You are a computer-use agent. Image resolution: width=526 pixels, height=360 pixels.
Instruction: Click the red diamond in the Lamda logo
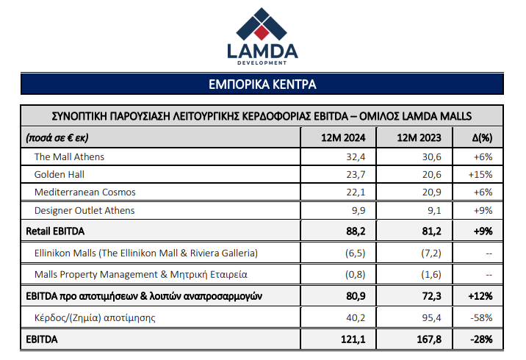click(x=262, y=32)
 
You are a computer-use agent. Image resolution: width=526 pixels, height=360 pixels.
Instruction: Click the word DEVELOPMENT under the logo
click(x=262, y=62)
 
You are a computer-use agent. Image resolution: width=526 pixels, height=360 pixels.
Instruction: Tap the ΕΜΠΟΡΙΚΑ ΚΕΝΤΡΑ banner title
click(x=262, y=84)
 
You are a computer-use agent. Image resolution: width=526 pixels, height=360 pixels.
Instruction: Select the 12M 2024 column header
click(x=343, y=137)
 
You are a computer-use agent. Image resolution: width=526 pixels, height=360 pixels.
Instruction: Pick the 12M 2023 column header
click(x=419, y=137)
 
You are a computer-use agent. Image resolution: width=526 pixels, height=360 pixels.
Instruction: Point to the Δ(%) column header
click(x=482, y=137)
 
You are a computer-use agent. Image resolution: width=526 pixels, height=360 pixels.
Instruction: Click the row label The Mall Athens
click(x=69, y=156)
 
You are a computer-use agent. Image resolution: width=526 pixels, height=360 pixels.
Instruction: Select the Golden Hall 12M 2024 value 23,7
click(x=356, y=174)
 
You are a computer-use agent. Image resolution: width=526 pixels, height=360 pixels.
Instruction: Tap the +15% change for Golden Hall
click(x=480, y=174)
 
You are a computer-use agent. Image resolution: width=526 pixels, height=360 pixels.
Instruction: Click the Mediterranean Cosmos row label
click(x=85, y=192)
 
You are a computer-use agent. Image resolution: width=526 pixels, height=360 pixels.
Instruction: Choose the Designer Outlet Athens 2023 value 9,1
click(x=434, y=210)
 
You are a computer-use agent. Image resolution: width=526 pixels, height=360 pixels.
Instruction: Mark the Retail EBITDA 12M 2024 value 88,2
click(x=356, y=231)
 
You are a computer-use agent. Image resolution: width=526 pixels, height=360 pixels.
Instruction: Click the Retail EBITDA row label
click(x=55, y=231)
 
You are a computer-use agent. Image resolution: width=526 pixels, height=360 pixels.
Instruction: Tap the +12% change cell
click(x=480, y=296)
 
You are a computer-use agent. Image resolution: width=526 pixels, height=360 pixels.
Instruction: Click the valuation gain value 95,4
click(x=431, y=317)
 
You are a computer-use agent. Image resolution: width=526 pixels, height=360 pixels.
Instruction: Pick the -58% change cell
click(x=481, y=317)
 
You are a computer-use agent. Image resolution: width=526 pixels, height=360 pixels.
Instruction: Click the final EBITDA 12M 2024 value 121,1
click(x=353, y=339)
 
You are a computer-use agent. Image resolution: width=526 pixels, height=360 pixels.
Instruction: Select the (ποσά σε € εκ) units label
click(x=57, y=137)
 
